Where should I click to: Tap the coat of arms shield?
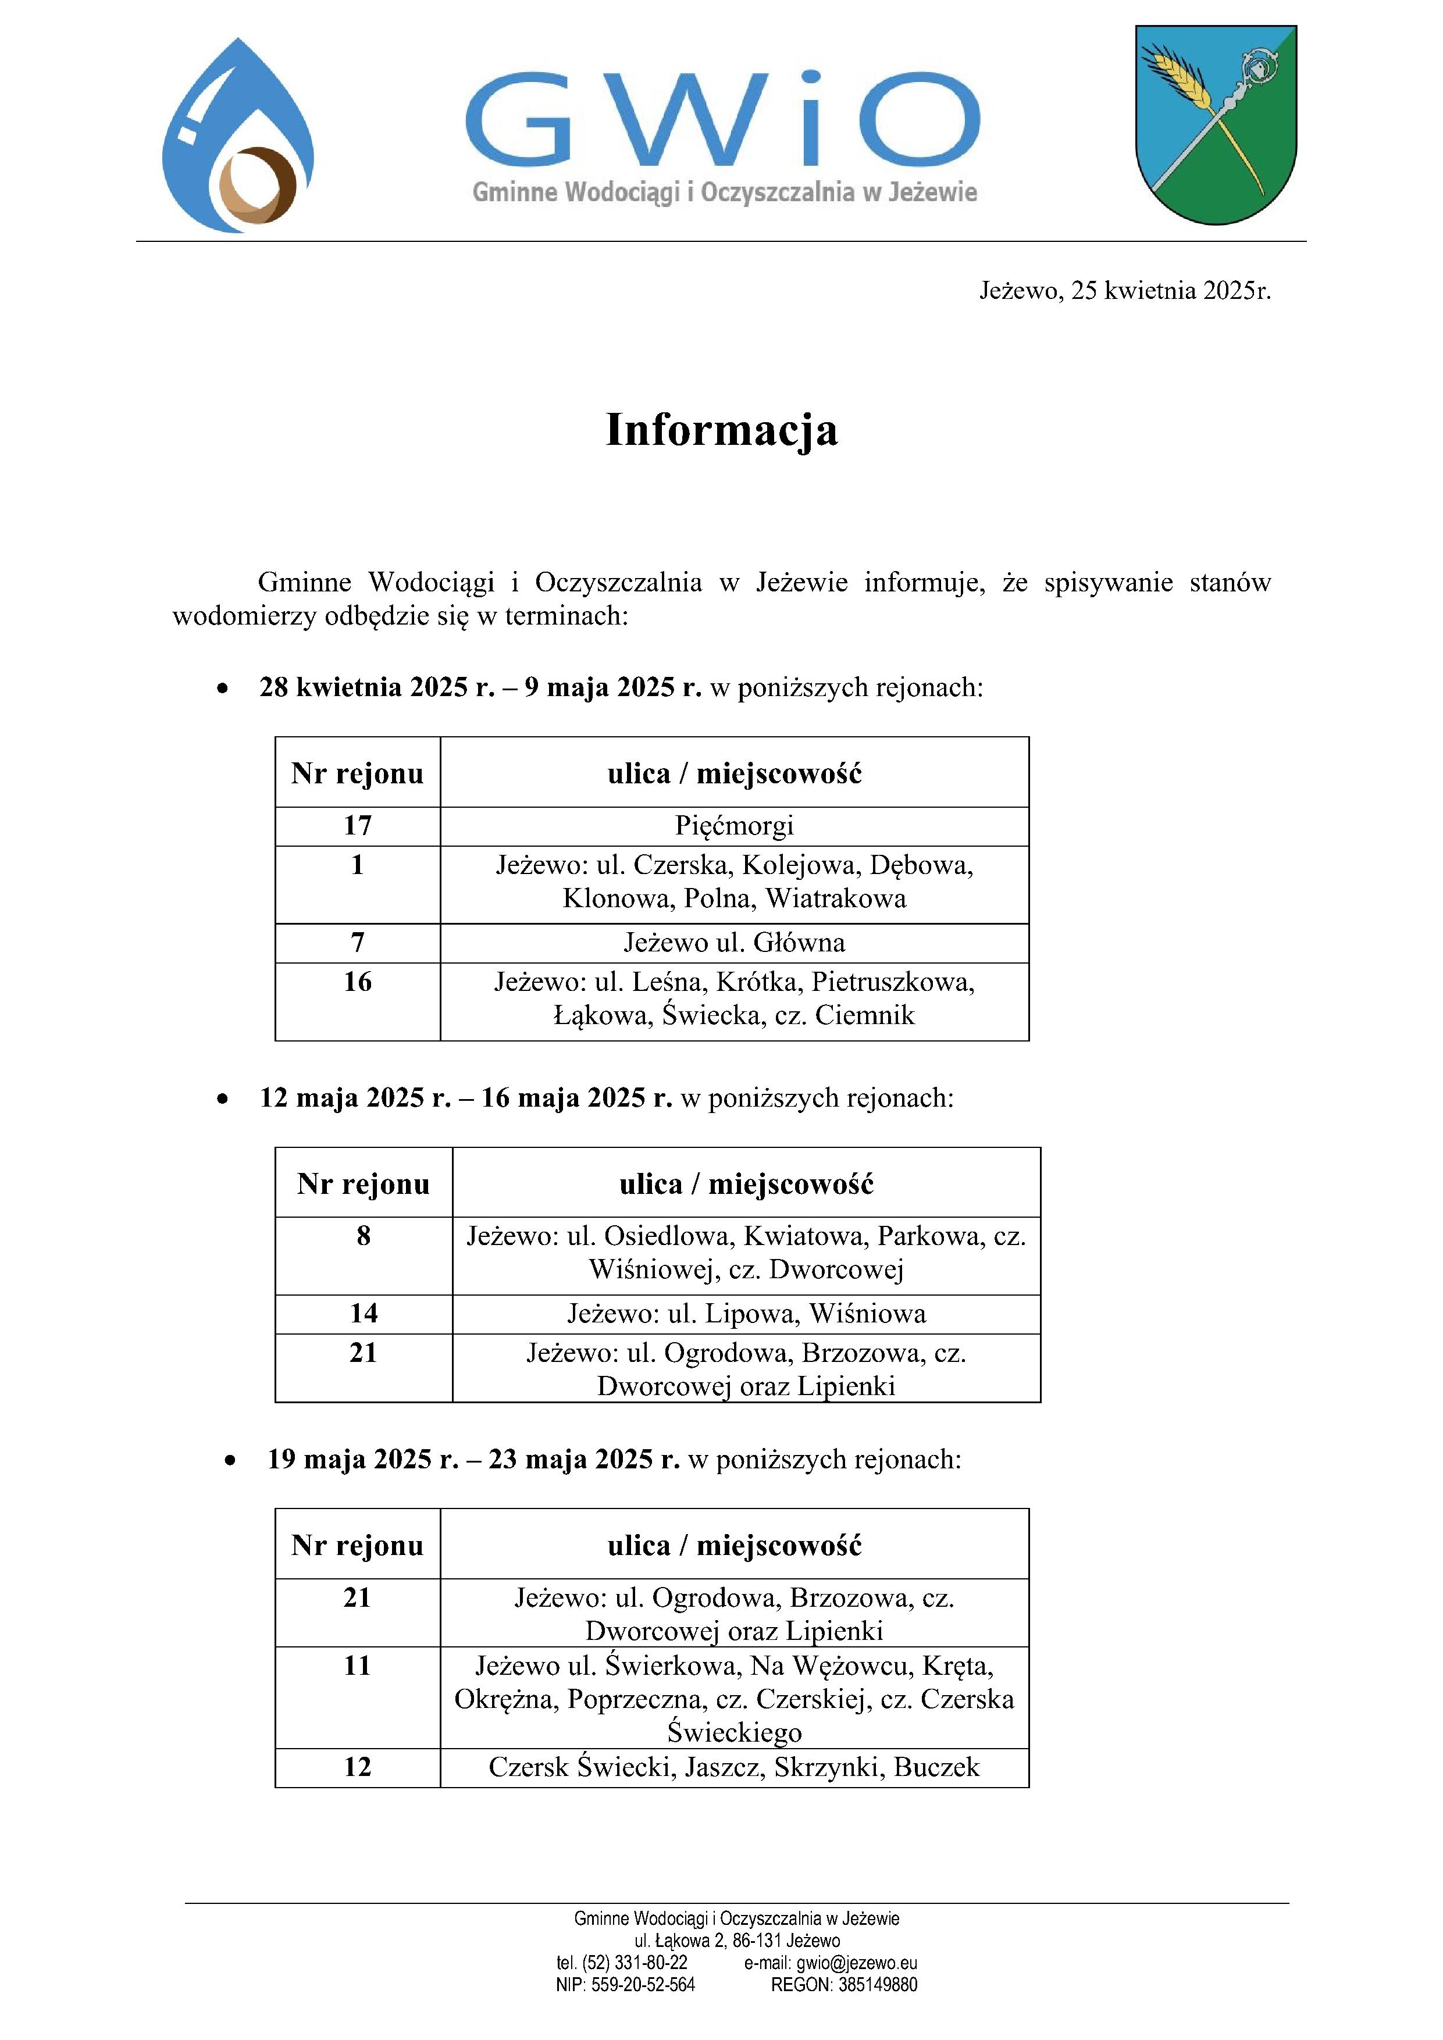tap(1216, 124)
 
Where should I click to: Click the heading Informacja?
tap(721, 430)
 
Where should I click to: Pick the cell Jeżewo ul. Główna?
tap(734, 943)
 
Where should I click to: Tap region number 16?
tap(357, 982)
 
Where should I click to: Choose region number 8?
tap(364, 1236)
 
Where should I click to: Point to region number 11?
tap(357, 1666)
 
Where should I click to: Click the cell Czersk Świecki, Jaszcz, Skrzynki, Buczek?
tap(734, 1767)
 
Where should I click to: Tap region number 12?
tap(357, 1767)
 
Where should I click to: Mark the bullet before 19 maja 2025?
tap(230, 1460)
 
